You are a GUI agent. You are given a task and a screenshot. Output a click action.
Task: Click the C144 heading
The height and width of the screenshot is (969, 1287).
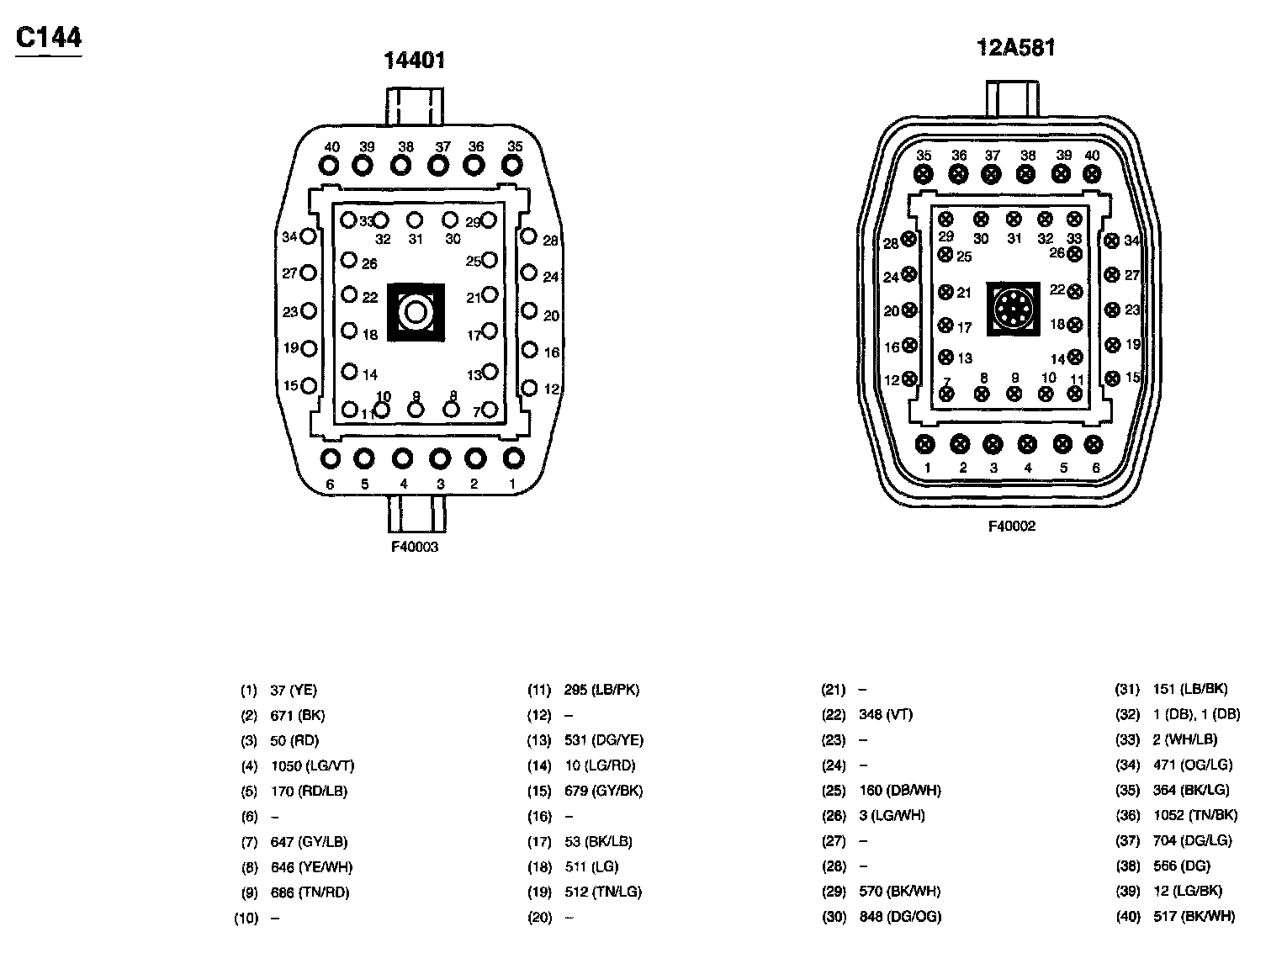point(49,39)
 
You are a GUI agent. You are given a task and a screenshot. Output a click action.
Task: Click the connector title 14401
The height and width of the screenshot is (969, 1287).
point(414,61)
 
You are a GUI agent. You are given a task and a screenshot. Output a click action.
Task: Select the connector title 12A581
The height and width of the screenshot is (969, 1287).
point(1015,47)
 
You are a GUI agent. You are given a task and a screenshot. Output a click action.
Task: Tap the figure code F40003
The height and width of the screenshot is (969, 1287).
point(414,547)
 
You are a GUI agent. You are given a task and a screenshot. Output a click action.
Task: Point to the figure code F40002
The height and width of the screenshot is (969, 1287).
point(1012,527)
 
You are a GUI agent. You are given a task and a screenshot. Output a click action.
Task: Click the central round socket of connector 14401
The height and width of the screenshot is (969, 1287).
point(415,313)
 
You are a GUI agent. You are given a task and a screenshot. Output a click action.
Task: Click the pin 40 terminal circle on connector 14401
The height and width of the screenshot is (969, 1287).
point(330,166)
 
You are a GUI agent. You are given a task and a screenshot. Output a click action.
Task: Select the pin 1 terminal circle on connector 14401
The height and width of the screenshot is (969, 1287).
point(512,458)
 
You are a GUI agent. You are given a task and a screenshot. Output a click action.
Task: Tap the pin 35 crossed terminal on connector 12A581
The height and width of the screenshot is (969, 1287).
point(924,174)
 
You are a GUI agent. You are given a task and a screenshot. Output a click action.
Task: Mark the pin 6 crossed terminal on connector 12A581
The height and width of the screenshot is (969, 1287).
point(1094,444)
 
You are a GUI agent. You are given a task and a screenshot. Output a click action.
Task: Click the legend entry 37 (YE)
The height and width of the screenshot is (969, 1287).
point(294,691)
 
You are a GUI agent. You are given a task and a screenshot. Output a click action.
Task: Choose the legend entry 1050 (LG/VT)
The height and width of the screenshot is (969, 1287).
point(312,766)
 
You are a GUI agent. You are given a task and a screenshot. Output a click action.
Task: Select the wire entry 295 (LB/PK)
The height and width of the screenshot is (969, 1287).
point(601,690)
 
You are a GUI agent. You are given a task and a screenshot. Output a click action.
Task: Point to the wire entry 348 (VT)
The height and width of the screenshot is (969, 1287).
point(886,714)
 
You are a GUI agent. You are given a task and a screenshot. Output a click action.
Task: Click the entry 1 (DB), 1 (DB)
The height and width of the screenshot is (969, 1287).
point(1196,714)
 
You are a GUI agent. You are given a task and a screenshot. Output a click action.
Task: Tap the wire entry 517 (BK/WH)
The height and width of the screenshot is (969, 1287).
point(1194,916)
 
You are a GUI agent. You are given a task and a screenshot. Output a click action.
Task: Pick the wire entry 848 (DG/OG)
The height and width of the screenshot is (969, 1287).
point(900,916)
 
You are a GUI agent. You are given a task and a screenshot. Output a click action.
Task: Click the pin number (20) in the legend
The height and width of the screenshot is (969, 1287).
point(539,917)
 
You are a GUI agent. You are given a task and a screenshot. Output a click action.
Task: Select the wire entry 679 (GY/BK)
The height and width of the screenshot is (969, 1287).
point(603,791)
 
